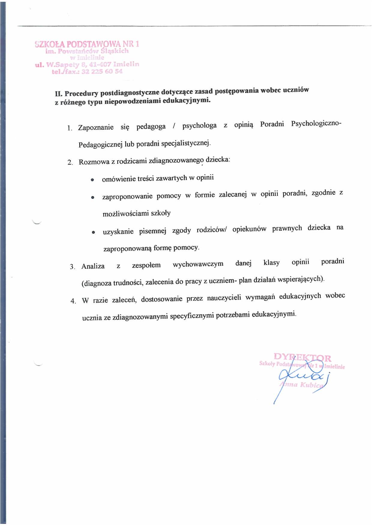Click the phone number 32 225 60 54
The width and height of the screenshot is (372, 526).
(x=102, y=71)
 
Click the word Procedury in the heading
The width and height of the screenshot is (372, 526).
(x=81, y=93)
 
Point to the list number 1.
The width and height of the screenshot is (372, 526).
(x=69, y=128)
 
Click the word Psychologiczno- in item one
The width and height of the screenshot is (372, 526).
(x=316, y=124)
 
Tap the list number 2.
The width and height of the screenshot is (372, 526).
(x=70, y=163)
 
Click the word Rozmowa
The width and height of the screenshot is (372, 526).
(x=94, y=162)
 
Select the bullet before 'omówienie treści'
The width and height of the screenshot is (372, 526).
(x=92, y=180)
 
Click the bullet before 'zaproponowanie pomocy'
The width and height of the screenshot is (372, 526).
(x=93, y=197)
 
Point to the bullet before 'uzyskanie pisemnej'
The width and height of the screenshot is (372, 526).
(x=93, y=232)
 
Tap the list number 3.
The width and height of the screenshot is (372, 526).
(x=72, y=267)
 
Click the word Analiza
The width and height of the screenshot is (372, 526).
(x=93, y=266)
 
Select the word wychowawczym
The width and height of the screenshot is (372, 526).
(x=198, y=264)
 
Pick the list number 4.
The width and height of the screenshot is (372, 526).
(x=73, y=301)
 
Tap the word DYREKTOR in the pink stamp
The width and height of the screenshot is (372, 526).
(x=302, y=357)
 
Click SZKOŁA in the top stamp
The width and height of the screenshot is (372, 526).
(x=50, y=44)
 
